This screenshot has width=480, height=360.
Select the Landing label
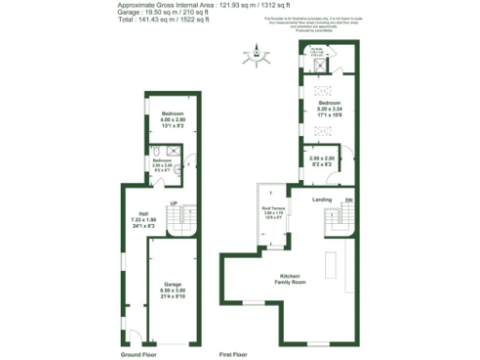click(322, 200)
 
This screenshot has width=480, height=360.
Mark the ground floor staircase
click(187, 221)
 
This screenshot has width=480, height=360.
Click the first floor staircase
click(338, 223)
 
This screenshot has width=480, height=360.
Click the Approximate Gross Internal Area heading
click(187, 5)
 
